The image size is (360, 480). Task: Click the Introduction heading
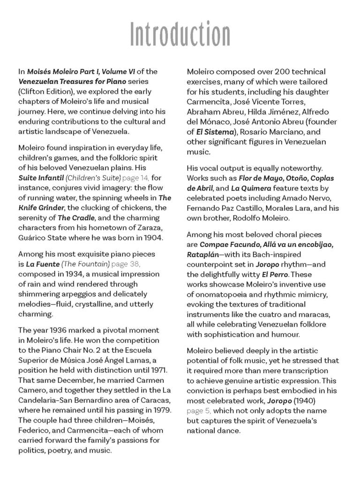[x=180, y=34]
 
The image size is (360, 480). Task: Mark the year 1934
[x=71, y=274]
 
